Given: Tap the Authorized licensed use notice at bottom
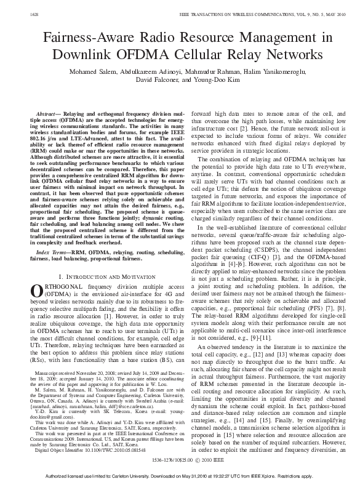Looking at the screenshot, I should tap(180, 475).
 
